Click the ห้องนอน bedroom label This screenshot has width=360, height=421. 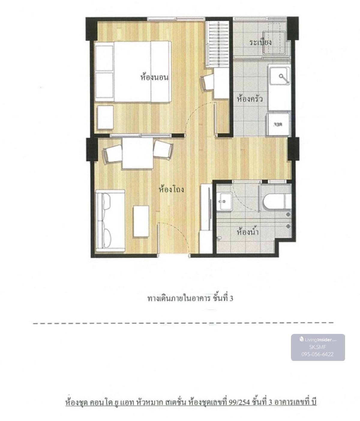click(154, 77)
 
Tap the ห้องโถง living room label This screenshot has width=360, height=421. click(171, 189)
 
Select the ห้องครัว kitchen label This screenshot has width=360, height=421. click(250, 99)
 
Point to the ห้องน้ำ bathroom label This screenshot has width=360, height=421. click(247, 232)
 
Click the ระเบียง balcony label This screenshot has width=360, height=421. click(260, 42)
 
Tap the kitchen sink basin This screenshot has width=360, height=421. click(280, 75)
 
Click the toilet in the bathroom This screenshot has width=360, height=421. click(277, 201)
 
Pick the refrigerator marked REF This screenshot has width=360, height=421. click(278, 124)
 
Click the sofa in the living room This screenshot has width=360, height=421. click(110, 221)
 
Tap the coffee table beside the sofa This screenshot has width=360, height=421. click(141, 221)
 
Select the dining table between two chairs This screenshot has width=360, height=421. click(138, 153)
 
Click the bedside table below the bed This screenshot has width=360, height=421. click(105, 117)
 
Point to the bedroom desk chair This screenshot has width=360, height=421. click(207, 83)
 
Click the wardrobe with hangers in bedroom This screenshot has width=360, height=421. click(217, 44)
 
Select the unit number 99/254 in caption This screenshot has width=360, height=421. click(239, 402)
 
